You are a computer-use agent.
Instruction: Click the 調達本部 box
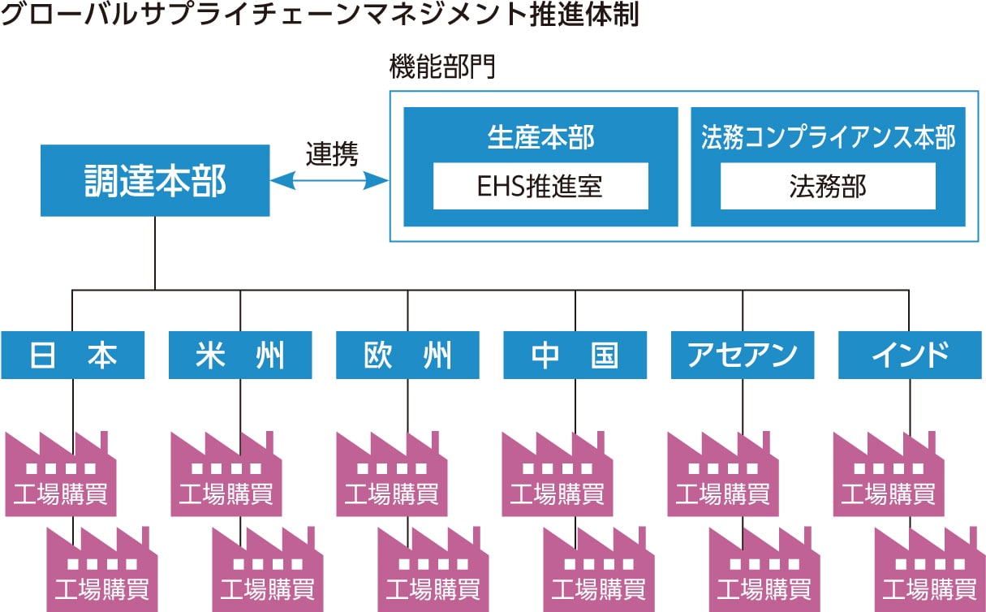[x=155, y=181]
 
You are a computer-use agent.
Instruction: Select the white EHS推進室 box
[x=540, y=187]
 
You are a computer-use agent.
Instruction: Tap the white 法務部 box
[x=828, y=187]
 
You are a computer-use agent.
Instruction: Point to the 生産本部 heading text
[x=540, y=137]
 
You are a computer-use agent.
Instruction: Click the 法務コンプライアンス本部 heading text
[x=828, y=137]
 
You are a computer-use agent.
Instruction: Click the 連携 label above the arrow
[x=331, y=154]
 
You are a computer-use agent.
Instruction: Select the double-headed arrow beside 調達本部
[x=330, y=180]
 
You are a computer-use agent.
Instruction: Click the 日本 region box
[x=73, y=356]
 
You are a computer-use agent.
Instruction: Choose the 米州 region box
[x=240, y=356]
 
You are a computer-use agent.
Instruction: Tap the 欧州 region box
[x=407, y=356]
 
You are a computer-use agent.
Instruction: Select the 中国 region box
[x=575, y=356]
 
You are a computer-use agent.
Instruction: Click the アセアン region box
[x=742, y=356]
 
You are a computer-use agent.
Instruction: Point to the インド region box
[x=909, y=356]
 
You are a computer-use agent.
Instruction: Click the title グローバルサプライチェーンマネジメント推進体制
[x=320, y=15]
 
